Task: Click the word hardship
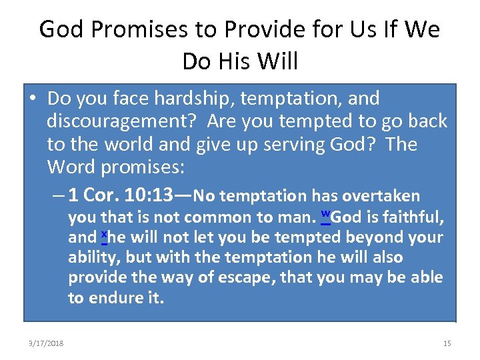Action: coord(194,99)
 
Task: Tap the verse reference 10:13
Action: coord(149,195)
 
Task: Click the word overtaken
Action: coord(381,195)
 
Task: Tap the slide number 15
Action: coord(447,343)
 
